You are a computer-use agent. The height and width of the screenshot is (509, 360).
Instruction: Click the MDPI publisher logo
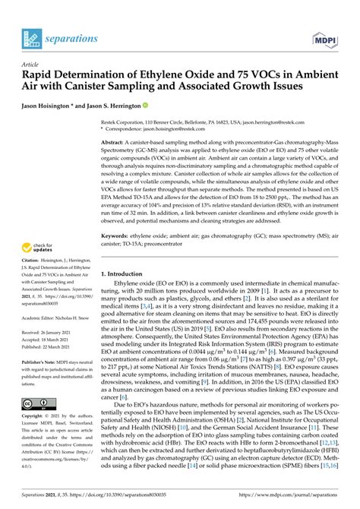[x=326, y=36]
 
